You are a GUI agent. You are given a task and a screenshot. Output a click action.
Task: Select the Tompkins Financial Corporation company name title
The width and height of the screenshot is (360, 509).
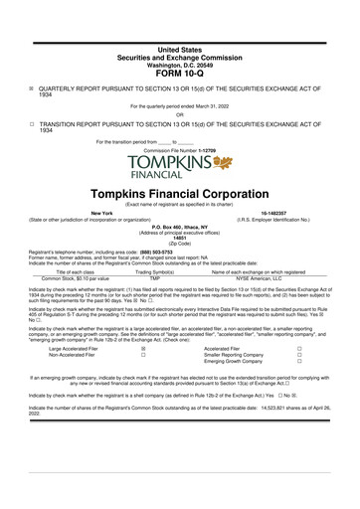click(x=179, y=190)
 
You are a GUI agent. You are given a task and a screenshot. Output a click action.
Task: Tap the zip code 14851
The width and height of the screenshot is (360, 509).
click(x=179, y=240)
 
